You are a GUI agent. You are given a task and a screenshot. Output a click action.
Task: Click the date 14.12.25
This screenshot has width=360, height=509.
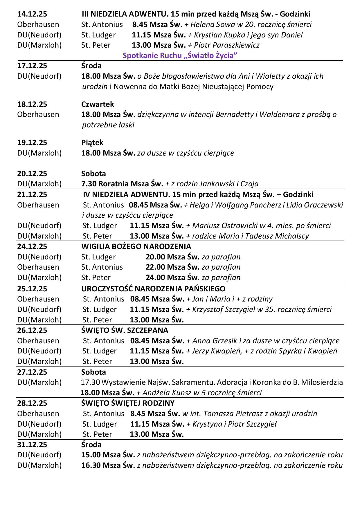(32, 14)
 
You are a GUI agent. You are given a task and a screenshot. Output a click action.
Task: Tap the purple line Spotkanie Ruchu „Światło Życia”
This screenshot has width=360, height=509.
(180, 55)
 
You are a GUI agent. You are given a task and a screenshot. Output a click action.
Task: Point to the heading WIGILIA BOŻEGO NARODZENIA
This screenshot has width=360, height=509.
(136, 246)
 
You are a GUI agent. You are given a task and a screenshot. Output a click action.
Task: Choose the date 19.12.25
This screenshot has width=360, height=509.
(32, 142)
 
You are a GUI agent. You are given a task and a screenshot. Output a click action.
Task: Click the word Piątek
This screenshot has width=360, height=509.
(92, 142)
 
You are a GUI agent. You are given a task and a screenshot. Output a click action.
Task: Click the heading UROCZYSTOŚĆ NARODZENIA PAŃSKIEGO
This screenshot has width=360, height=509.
(153, 289)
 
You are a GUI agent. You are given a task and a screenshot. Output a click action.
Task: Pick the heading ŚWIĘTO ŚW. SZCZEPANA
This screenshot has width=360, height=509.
(125, 330)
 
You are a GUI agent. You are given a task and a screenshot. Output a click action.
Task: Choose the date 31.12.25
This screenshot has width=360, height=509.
(32, 445)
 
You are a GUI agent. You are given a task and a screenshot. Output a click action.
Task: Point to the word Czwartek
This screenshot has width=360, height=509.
(98, 104)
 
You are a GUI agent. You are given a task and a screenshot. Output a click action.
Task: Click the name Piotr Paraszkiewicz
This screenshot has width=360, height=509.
(226, 45)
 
